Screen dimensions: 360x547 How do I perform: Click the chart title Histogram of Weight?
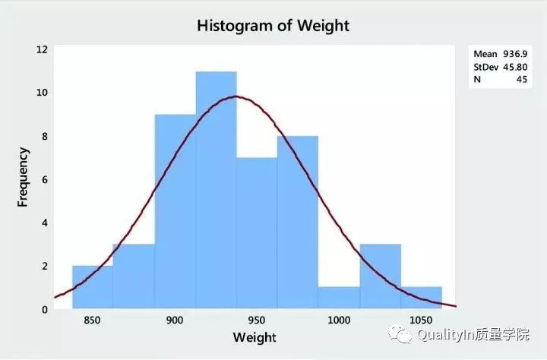(x=273, y=25)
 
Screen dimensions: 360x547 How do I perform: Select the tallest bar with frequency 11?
(x=216, y=190)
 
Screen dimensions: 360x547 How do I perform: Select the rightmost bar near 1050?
(x=422, y=298)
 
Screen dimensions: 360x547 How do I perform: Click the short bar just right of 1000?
(x=339, y=298)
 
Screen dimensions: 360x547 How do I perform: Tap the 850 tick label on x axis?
(x=93, y=321)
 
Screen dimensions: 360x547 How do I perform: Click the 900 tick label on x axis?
(x=175, y=321)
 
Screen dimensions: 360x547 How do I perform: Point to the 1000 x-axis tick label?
(x=339, y=321)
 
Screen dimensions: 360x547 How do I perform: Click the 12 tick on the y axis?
(x=42, y=49)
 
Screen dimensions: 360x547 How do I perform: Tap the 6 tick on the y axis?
(x=45, y=179)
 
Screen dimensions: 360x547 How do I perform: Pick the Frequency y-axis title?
(x=24, y=177)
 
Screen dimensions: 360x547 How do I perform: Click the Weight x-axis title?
(x=255, y=336)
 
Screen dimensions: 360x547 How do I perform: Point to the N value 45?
(x=522, y=79)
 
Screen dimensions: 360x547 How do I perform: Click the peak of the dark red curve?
(x=237, y=96)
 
